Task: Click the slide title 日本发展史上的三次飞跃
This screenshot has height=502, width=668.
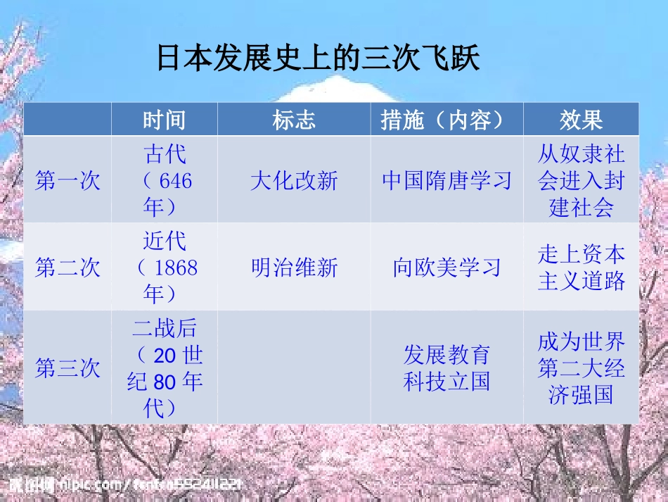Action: (318, 59)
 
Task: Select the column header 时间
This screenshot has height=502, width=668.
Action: (165, 120)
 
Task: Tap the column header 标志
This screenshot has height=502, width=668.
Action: (294, 120)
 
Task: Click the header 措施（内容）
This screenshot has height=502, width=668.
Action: (447, 120)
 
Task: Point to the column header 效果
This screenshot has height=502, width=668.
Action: (581, 120)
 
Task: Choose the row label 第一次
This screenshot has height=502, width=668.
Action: (68, 181)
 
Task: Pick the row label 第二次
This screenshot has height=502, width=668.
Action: (68, 268)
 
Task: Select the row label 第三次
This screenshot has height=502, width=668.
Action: (68, 368)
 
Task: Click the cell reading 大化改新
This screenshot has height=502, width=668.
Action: (294, 181)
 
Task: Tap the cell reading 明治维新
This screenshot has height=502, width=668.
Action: (294, 268)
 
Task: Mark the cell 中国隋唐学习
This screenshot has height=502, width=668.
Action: (447, 181)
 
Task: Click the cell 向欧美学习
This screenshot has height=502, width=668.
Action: (447, 268)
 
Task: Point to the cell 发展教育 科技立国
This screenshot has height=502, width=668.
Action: (447, 368)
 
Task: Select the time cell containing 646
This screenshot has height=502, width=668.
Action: (165, 181)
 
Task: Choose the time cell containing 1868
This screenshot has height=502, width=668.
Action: (165, 268)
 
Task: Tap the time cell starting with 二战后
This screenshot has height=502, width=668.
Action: (165, 368)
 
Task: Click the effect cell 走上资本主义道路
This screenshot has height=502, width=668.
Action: (581, 268)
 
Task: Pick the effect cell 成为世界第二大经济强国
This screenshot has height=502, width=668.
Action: (581, 368)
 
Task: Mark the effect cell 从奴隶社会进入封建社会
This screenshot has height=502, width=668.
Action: (581, 181)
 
